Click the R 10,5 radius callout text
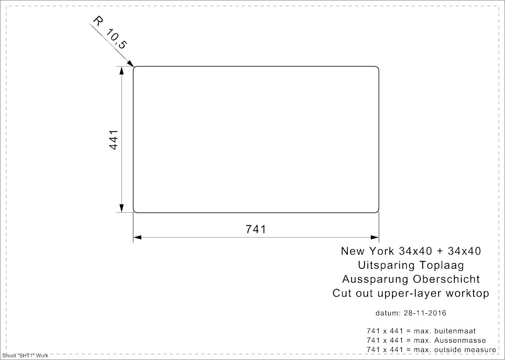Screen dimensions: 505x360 point(110,33)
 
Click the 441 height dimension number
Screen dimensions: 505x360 point(113,140)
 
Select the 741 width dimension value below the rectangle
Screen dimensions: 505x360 point(256,230)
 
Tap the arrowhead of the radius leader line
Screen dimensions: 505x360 point(131,63)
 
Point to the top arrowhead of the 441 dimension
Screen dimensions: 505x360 point(122,70)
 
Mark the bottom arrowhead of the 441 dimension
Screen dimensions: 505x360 point(122,208)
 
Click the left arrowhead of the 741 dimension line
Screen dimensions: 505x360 point(137,237)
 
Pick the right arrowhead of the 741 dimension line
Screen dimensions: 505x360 point(375,237)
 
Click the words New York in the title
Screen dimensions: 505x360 point(367,251)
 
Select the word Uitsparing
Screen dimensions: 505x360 point(386,266)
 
